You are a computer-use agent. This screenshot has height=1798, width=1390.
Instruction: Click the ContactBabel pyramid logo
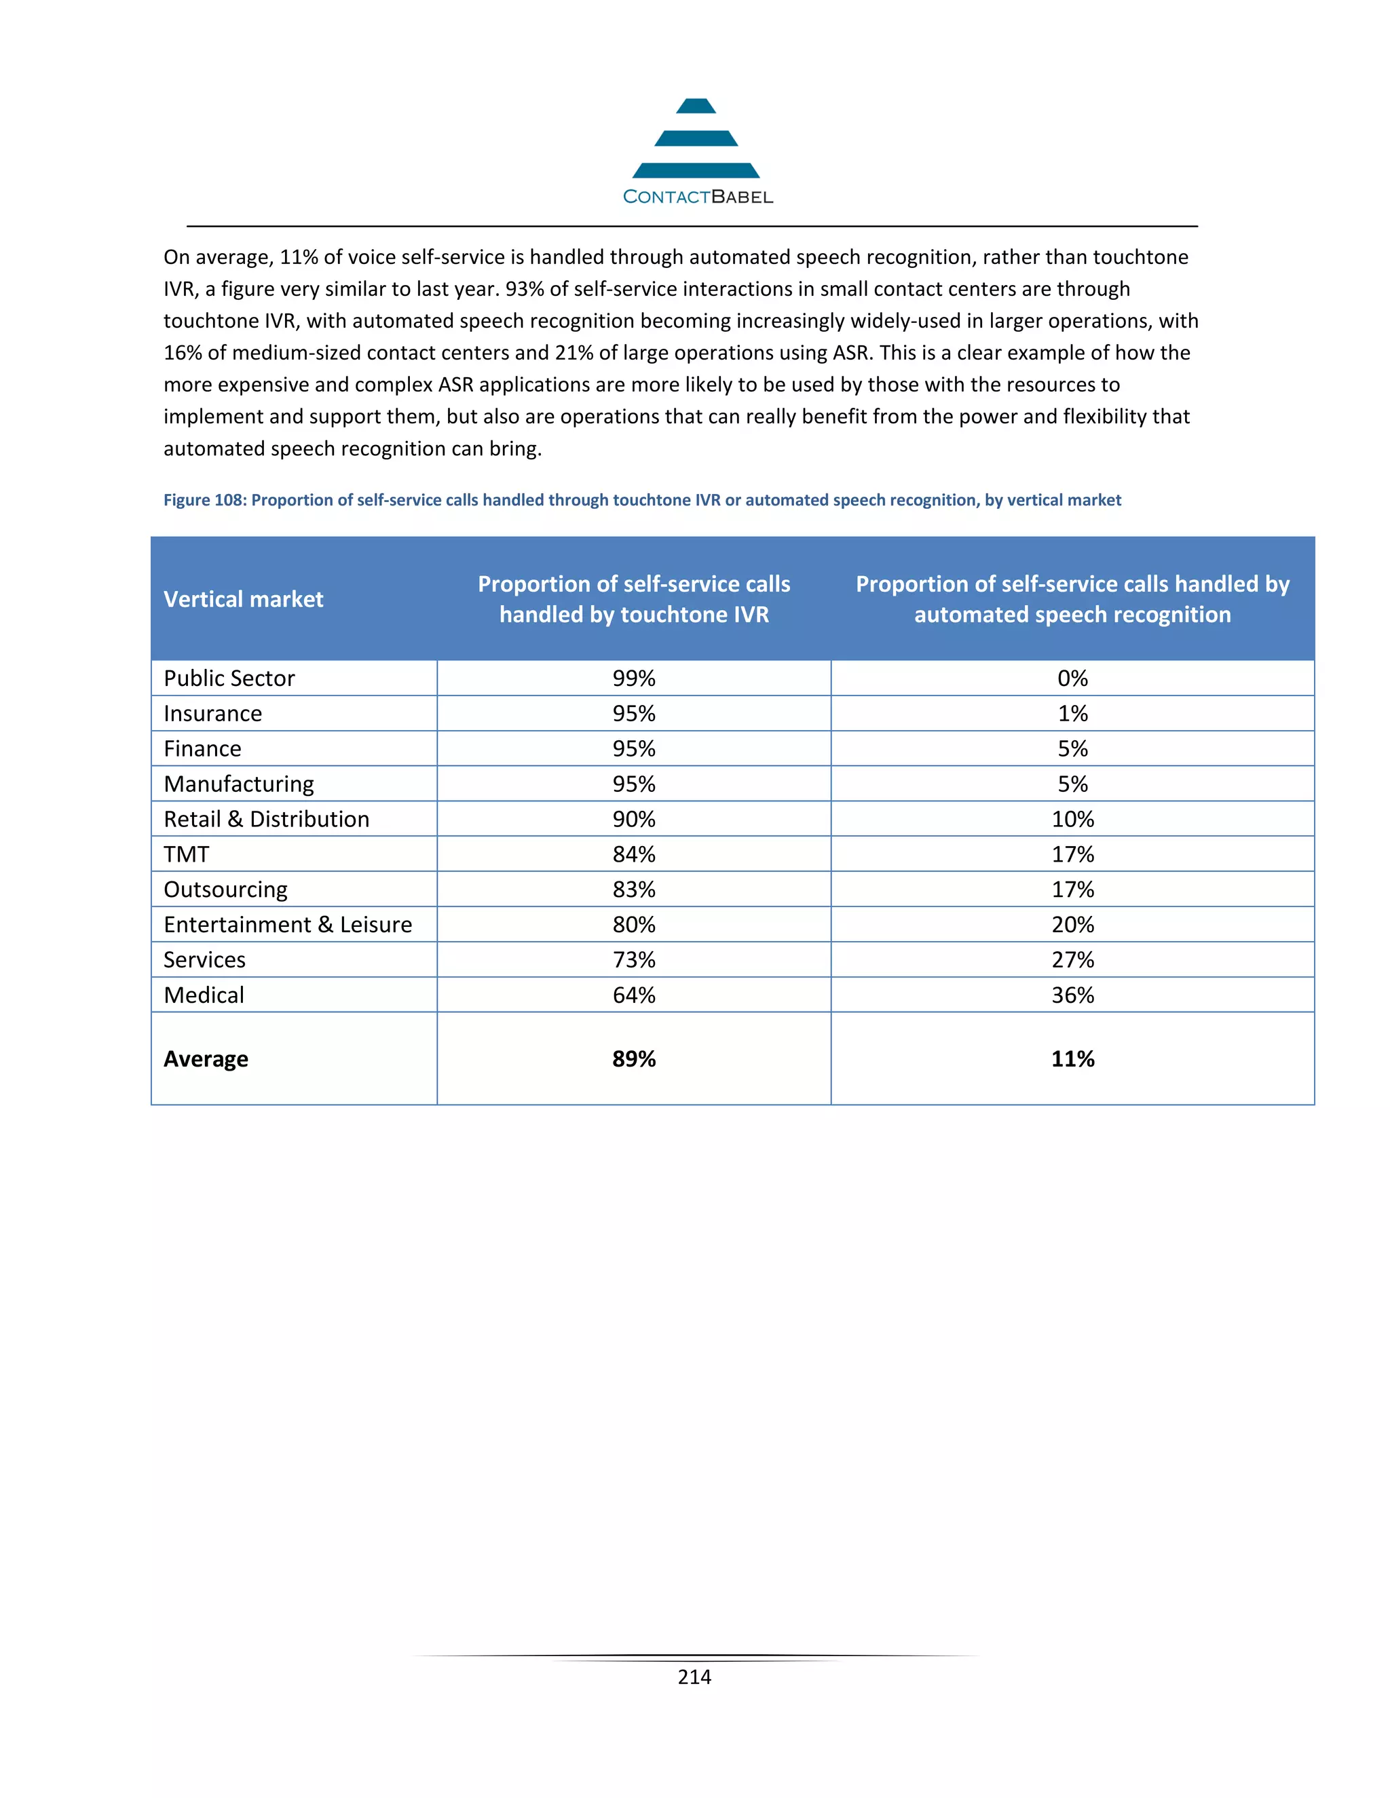pos(696,139)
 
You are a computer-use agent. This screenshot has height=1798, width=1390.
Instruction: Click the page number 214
pos(694,1677)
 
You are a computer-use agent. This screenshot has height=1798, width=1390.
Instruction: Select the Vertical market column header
pos(243,599)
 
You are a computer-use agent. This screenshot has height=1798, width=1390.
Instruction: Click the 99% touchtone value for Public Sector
pos(633,678)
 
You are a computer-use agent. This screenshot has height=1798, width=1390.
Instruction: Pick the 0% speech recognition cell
pos(1072,678)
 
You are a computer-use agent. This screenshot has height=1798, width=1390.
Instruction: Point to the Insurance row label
pos(212,714)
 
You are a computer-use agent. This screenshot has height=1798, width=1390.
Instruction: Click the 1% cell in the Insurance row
pos(1072,714)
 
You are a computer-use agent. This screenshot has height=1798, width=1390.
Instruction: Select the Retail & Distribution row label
pos(266,819)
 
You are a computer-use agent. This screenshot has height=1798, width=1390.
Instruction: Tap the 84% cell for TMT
pos(633,854)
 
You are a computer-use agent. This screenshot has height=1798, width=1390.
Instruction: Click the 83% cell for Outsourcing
pos(633,890)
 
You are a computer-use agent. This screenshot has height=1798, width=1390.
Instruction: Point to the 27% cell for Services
pos(1072,960)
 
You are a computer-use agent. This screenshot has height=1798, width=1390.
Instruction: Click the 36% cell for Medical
pos(1072,995)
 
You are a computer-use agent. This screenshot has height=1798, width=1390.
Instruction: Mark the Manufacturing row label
pos(239,784)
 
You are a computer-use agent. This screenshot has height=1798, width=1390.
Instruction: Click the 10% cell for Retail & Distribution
pos(1072,819)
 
